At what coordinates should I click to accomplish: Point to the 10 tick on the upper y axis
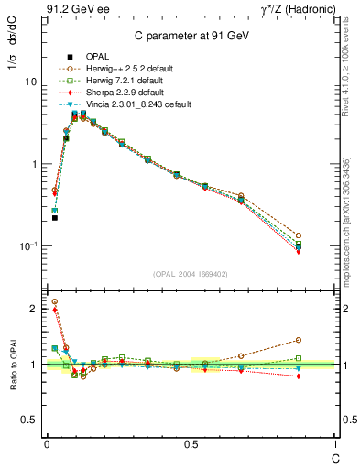tap(30, 82)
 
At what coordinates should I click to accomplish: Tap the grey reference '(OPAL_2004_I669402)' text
tap(190, 274)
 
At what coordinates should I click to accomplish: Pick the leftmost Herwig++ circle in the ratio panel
tap(55, 301)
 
